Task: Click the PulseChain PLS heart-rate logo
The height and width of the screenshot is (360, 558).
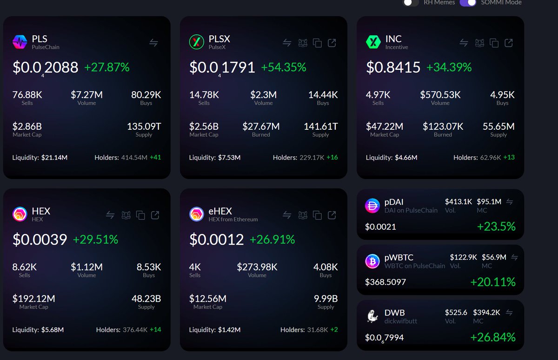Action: click(x=20, y=42)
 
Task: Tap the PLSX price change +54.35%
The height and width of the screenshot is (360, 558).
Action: click(x=283, y=67)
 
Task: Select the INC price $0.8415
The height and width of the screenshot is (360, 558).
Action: click(x=393, y=67)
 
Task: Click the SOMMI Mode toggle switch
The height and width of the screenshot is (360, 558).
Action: click(x=468, y=2)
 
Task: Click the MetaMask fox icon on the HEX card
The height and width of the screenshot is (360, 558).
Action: click(x=126, y=215)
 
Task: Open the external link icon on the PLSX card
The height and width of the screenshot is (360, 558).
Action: click(x=332, y=43)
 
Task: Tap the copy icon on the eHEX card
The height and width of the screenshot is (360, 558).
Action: click(x=318, y=215)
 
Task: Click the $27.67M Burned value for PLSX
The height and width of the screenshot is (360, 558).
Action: click(x=261, y=126)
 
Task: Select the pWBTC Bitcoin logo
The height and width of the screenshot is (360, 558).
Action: click(x=372, y=262)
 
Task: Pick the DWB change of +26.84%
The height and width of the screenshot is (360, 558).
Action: click(x=492, y=337)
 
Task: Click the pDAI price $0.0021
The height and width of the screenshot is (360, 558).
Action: click(x=380, y=227)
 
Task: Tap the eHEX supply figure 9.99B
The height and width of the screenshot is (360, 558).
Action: click(x=325, y=298)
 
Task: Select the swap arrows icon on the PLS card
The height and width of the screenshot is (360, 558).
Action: click(x=153, y=43)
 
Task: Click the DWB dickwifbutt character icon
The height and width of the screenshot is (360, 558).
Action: click(x=372, y=317)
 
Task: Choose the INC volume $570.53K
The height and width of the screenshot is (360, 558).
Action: click(x=440, y=95)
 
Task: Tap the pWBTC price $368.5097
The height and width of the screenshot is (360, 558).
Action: click(x=385, y=282)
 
